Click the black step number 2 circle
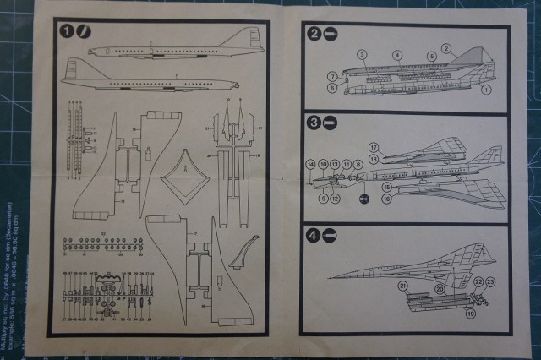tap(314, 35)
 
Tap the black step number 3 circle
tap(314, 123)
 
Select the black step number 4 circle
tap(314, 236)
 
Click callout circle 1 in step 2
tap(486, 88)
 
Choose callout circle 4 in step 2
tap(397, 56)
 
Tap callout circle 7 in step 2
tap(333, 76)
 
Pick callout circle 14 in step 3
tap(310, 163)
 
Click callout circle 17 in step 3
tap(373, 148)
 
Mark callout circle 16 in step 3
tap(386, 199)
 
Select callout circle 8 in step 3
tap(358, 163)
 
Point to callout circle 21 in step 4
tap(403, 287)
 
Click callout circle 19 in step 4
tap(470, 314)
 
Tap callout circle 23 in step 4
tap(489, 282)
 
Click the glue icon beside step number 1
tap(82, 30)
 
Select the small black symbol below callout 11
tap(363, 199)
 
